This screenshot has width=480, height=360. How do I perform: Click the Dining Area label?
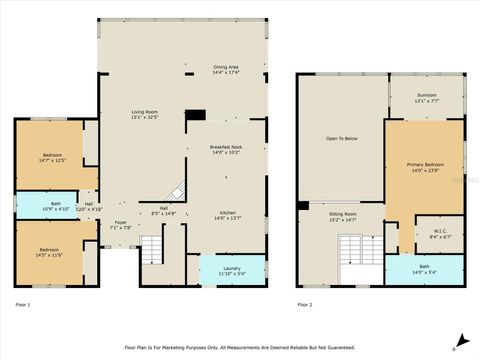(225, 69)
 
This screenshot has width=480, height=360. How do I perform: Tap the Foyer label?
(119, 225)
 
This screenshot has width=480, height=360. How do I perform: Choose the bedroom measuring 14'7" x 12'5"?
(51, 157)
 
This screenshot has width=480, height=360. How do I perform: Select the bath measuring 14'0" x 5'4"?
(425, 268)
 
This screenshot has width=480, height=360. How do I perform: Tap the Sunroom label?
(426, 98)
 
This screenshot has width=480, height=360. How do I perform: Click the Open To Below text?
(340, 138)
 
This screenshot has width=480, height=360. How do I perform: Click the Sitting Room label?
(341, 216)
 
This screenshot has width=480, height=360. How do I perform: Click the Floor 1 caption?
(23, 303)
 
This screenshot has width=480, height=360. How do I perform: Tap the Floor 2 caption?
(304, 303)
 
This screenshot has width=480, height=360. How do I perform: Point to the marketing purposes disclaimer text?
(239, 347)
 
